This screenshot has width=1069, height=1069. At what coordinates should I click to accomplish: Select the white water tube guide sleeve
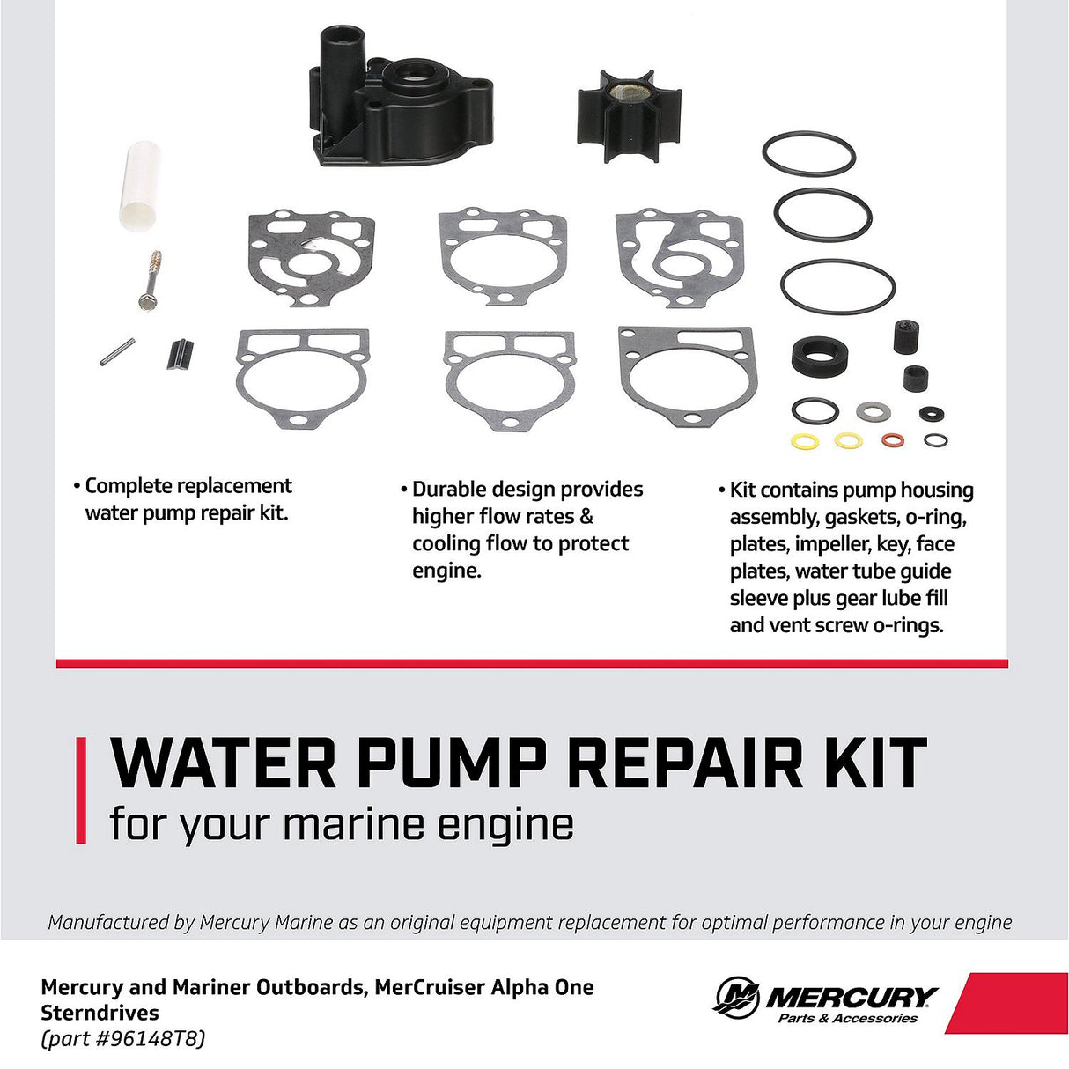[x=140, y=186]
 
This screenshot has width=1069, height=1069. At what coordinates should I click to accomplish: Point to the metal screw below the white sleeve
[x=151, y=280]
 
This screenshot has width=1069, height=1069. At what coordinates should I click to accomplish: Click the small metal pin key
[x=117, y=352]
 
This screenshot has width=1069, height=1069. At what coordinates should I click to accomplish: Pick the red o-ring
[x=893, y=439]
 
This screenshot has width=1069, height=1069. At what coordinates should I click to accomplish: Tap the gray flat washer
[x=873, y=411]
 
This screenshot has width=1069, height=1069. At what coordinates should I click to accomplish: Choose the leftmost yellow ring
[x=805, y=440]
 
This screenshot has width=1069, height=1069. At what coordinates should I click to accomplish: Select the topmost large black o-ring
[x=808, y=154]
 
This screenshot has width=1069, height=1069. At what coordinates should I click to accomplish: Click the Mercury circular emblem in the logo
[x=737, y=998]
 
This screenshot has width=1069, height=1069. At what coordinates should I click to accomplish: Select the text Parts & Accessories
[x=847, y=1019]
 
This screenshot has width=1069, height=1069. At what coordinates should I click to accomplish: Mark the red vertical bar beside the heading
[x=81, y=790]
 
